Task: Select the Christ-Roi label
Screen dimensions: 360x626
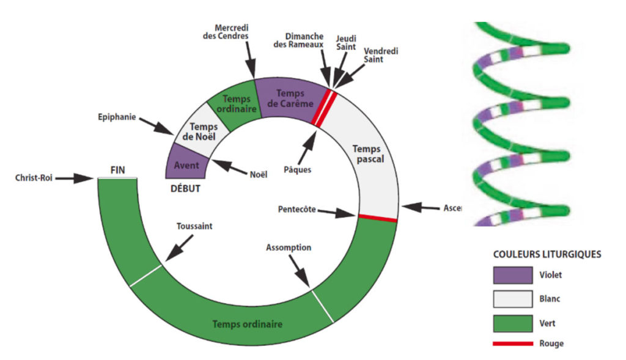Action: [35, 178]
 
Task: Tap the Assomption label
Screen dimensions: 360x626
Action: [289, 248]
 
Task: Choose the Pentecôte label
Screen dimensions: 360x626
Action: [296, 209]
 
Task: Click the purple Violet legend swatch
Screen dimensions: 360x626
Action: [512, 275]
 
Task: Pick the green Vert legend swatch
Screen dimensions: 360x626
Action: [512, 322]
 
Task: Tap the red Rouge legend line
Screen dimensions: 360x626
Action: [512, 343]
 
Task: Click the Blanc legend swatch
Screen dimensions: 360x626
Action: [512, 299]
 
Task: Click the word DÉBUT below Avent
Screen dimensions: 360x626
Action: [184, 188]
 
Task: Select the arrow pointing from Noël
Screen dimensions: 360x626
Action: [229, 167]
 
